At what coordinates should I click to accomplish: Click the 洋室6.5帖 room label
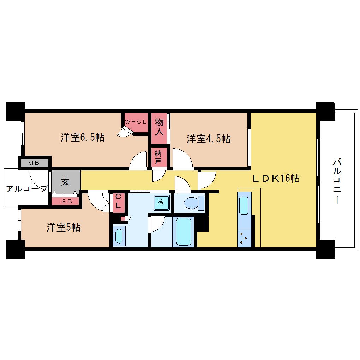[83, 138]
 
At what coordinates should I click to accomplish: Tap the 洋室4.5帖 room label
[209, 139]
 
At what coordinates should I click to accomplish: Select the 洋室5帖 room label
[64, 228]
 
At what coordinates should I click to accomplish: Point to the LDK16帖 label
[276, 178]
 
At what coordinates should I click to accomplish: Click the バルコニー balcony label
[337, 182]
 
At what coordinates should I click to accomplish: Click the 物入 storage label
[159, 126]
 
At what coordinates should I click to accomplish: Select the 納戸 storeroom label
[158, 157]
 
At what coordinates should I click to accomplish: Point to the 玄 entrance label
[65, 182]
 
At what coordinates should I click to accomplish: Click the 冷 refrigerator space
[161, 203]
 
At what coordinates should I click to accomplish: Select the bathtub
[184, 232]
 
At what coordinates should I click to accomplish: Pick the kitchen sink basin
[244, 205]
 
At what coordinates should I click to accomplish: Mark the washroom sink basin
[119, 236]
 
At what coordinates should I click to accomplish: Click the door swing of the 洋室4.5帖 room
[183, 159]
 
